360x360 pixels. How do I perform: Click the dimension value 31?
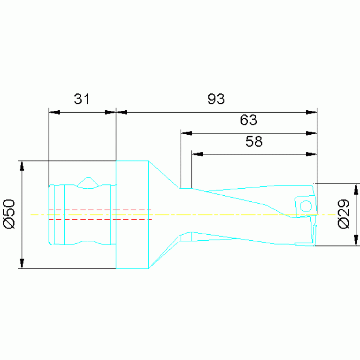[x=82, y=99]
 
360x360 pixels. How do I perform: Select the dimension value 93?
[x=216, y=99]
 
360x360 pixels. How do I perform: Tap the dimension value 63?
[x=248, y=120]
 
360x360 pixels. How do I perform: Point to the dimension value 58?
[x=254, y=141]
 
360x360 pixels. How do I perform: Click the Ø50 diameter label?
[x=10, y=214]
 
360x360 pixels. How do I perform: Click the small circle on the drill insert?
[x=306, y=206]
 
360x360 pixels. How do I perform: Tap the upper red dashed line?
[x=100, y=210]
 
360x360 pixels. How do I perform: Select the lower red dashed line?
[x=100, y=219]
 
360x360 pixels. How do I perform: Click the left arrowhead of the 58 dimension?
[x=197, y=153]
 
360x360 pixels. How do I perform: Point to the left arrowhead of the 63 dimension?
[x=187, y=133]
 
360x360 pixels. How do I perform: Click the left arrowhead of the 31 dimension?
[x=55, y=112]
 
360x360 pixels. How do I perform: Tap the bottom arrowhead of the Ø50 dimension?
[x=22, y=263]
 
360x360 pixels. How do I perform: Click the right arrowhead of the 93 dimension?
[x=311, y=112]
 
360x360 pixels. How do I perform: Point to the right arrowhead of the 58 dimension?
[x=311, y=153]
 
